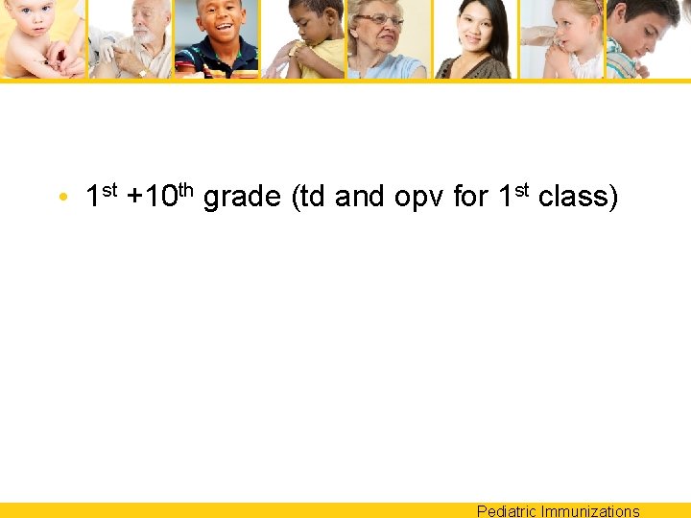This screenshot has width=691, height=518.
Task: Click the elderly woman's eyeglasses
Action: (x=381, y=19)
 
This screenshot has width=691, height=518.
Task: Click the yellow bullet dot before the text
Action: (x=62, y=199)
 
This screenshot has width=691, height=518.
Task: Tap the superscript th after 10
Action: (x=187, y=189)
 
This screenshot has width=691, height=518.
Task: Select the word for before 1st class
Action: (x=470, y=198)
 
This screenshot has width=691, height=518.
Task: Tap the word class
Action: (x=579, y=198)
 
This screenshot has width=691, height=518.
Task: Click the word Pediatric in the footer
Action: (x=507, y=511)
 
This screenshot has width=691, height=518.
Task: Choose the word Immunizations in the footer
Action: (x=590, y=511)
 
